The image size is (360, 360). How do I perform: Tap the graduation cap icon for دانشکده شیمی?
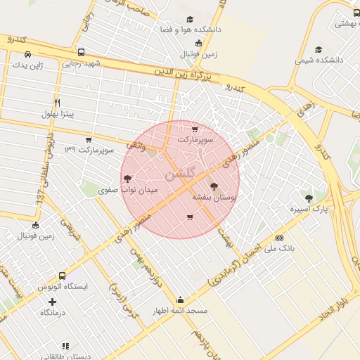319,50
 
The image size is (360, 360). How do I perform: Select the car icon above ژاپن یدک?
27,54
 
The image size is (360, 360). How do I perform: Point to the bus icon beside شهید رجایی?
81,53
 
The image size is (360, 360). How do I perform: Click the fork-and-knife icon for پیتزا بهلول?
57,103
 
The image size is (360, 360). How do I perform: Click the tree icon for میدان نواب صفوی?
127,179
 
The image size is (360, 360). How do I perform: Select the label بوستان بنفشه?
219,199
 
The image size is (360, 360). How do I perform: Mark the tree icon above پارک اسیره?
309,198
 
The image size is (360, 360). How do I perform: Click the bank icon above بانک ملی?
280,238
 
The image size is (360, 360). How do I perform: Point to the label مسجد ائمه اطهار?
181,310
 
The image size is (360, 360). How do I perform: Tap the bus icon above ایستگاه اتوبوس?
63,276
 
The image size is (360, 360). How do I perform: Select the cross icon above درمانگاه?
53,302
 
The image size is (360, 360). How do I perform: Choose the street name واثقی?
136,145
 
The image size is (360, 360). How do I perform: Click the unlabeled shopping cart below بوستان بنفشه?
189,217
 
